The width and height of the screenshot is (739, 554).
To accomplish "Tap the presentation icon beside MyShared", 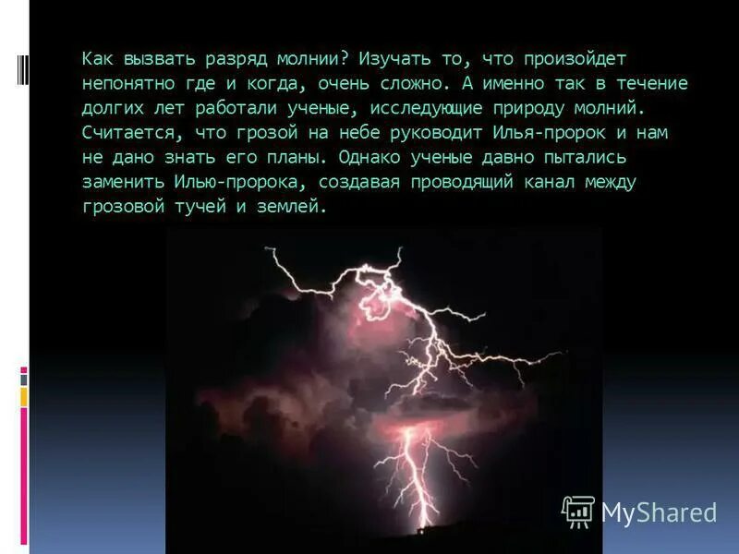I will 578,512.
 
